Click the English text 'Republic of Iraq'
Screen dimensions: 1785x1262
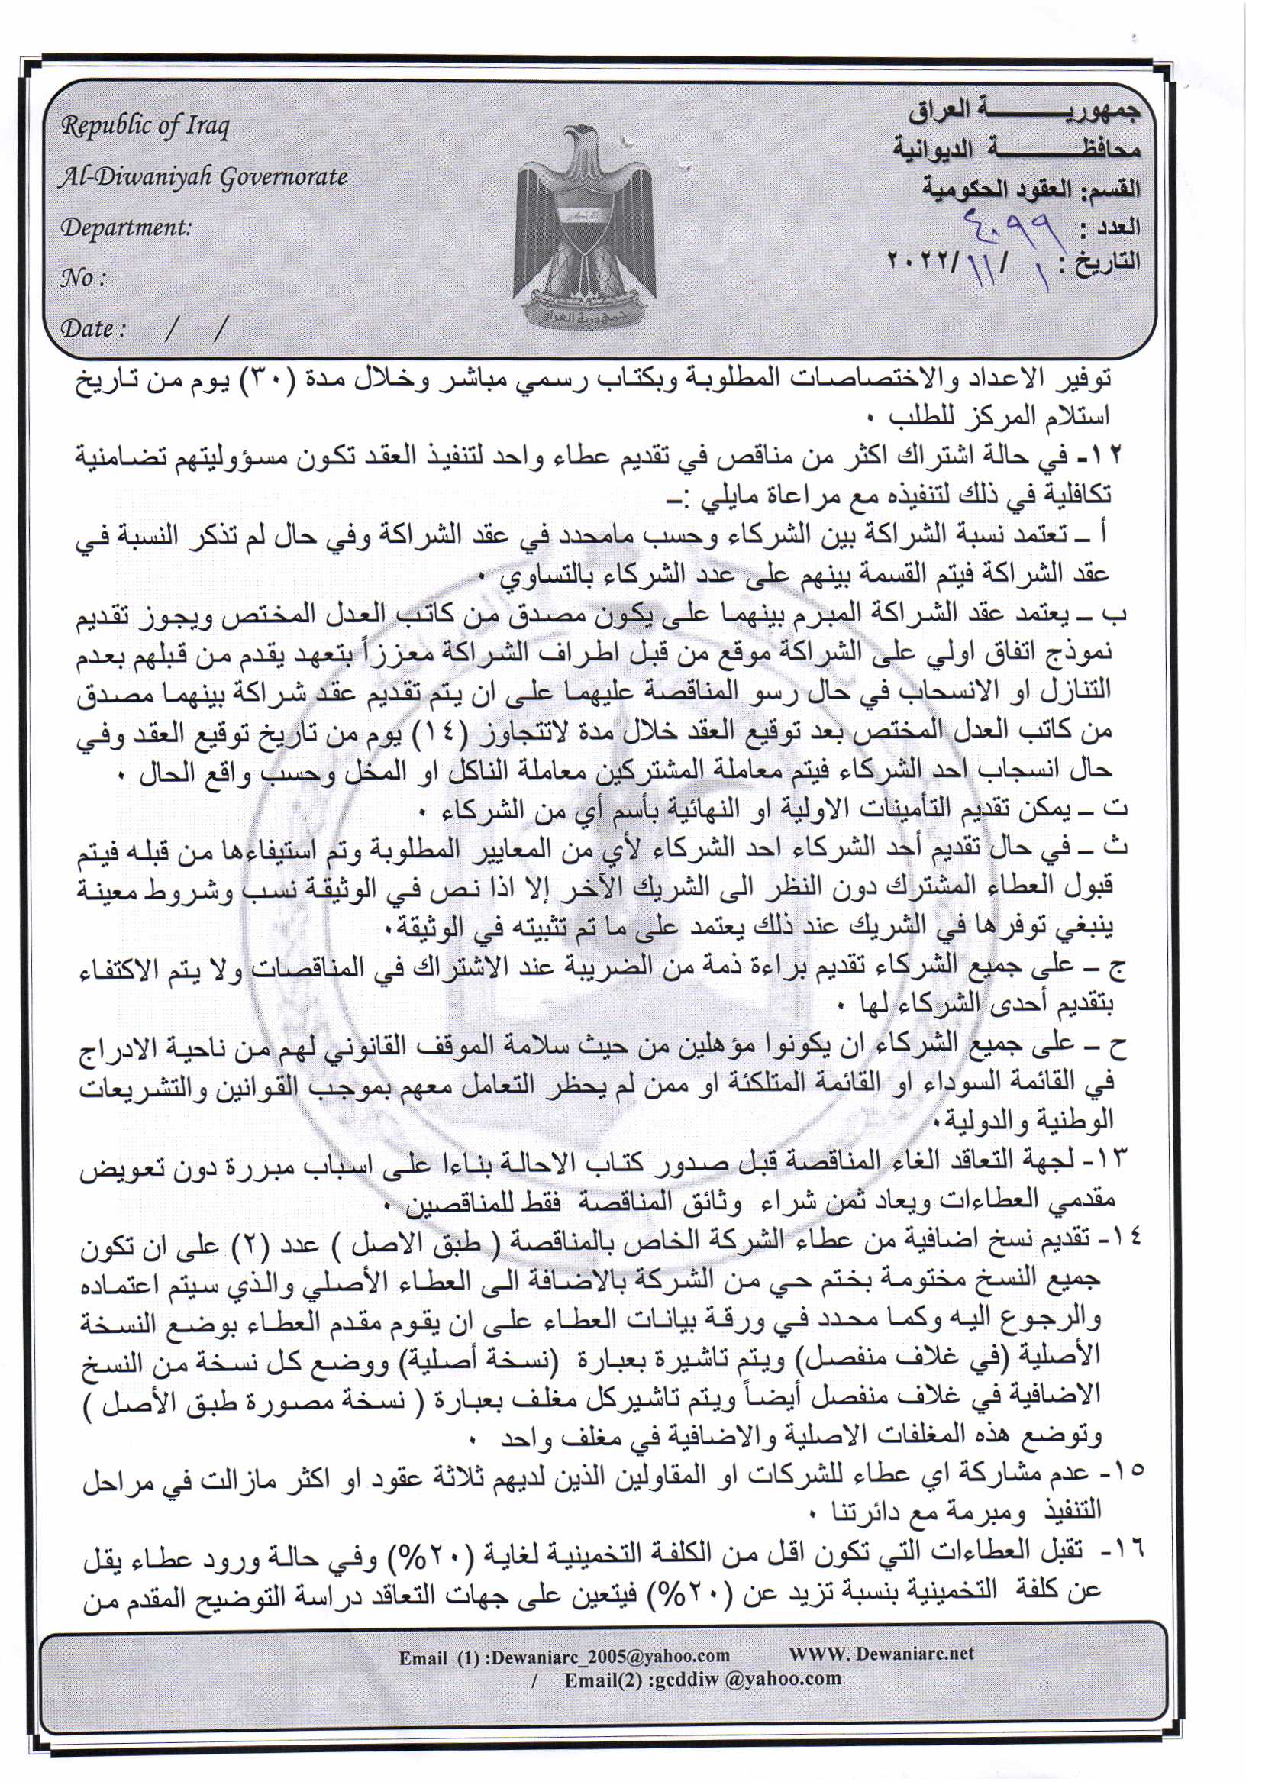[145, 126]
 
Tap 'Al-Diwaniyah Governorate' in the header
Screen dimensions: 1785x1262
[204, 178]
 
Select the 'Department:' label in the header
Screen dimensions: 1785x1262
[126, 228]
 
